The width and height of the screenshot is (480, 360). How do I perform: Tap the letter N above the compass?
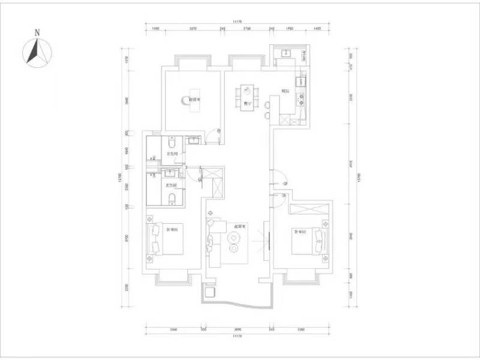point(37,32)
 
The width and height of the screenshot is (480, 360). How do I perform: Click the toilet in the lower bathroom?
point(172,199)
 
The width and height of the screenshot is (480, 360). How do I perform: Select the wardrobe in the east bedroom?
point(308,209)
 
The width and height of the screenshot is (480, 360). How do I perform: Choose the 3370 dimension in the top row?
point(193,29)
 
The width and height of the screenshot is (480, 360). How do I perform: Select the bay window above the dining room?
point(246,61)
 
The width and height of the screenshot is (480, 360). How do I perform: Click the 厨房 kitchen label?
point(286,92)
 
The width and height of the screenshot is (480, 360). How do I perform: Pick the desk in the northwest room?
point(193,106)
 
